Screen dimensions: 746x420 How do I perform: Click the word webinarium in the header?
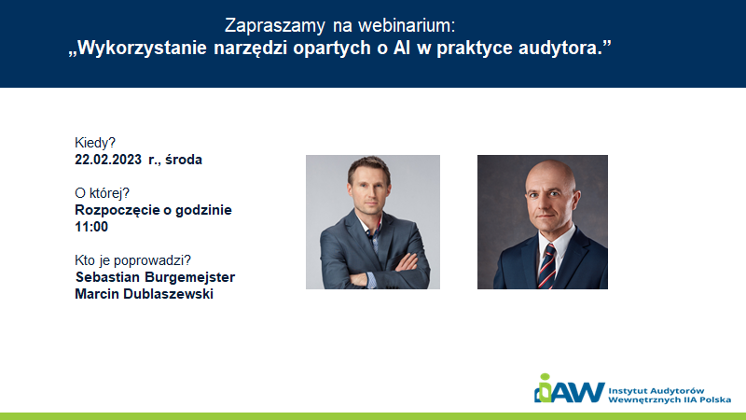(x=407, y=26)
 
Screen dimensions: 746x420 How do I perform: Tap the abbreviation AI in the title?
(x=402, y=48)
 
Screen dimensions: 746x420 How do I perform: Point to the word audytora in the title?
(x=559, y=49)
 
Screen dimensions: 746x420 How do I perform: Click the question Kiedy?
(x=95, y=143)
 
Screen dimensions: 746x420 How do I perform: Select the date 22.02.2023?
(x=108, y=160)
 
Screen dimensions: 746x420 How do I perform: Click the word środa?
(x=184, y=160)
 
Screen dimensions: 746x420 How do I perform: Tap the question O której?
(x=102, y=193)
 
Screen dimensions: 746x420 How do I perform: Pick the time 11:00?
(x=91, y=227)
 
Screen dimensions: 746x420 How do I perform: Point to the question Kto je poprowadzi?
(x=132, y=260)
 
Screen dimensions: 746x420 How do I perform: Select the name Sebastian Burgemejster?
(x=155, y=277)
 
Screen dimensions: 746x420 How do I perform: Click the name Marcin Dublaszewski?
(x=144, y=294)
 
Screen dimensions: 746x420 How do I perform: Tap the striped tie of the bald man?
(x=547, y=267)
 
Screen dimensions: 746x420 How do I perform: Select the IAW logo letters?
(x=570, y=389)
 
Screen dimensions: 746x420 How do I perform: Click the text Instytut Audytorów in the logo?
(x=656, y=391)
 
